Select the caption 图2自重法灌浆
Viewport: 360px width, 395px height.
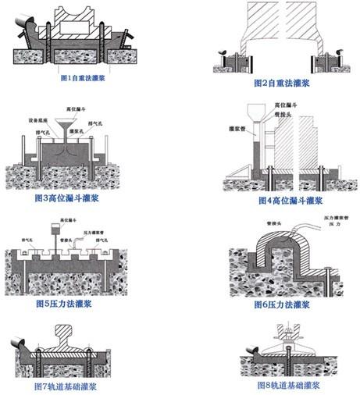click(x=279, y=82)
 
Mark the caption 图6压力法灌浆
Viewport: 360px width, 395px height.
click(x=279, y=304)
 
